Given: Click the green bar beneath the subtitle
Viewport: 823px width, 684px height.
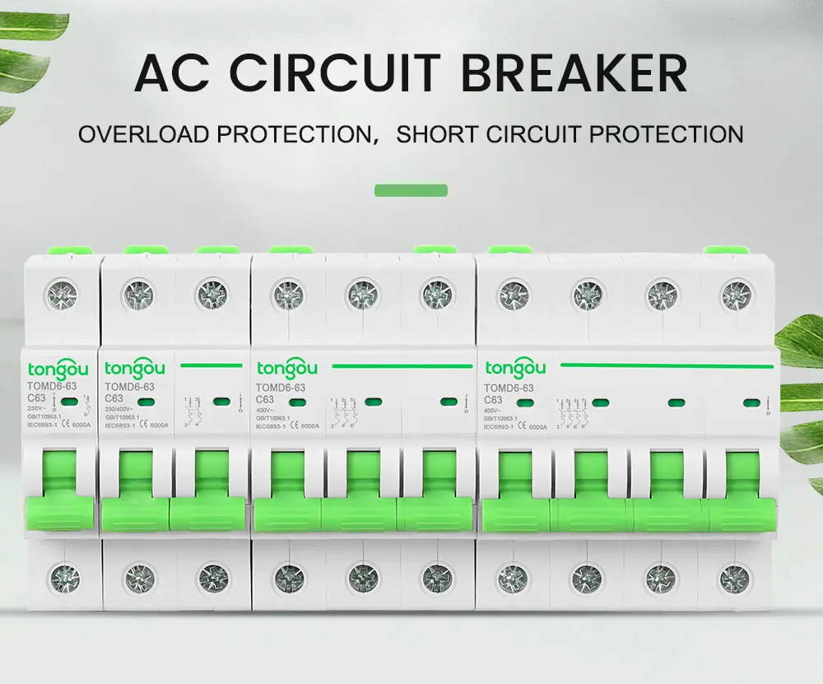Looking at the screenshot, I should tap(411, 190).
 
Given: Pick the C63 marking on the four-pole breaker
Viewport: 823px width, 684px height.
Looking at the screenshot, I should tap(495, 399).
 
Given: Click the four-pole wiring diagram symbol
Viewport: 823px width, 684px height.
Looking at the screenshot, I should tap(571, 412).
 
